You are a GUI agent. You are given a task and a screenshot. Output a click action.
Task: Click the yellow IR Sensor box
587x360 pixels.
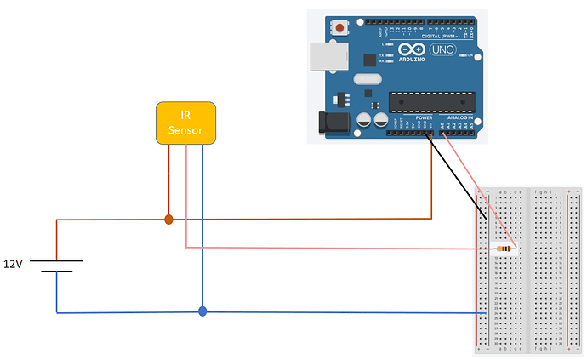pos(185,123)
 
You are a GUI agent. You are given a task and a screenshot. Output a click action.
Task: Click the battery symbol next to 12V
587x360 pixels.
pos(56,266)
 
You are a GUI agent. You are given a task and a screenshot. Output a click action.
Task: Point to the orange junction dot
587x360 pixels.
pos(168,220)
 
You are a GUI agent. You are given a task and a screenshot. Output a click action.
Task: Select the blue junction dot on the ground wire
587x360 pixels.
pos(202,311)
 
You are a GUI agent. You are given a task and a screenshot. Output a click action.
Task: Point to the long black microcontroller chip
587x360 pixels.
pos(429,101)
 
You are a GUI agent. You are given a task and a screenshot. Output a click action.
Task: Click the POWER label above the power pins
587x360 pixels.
pos(423,117)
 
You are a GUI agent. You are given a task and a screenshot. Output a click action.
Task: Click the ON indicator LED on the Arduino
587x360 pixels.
pos(462,55)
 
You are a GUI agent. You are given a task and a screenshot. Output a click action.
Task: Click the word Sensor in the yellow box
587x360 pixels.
pos(185,130)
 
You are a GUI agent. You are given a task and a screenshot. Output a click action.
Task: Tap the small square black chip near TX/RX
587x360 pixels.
pos(369,60)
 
